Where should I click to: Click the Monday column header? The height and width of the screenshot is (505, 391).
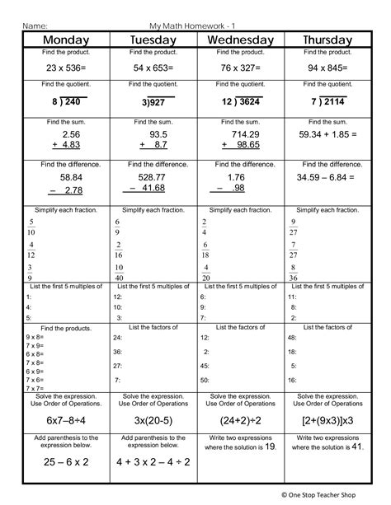click(x=66, y=40)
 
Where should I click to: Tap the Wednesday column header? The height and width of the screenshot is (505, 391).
click(x=240, y=40)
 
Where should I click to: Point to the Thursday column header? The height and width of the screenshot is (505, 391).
click(x=327, y=40)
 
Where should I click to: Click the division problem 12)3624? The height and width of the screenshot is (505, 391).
click(x=240, y=102)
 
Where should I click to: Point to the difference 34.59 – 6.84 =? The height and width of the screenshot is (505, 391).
click(x=327, y=177)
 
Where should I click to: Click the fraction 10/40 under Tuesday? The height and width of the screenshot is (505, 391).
click(x=120, y=272)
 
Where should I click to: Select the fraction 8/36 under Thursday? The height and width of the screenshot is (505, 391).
click(x=294, y=272)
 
